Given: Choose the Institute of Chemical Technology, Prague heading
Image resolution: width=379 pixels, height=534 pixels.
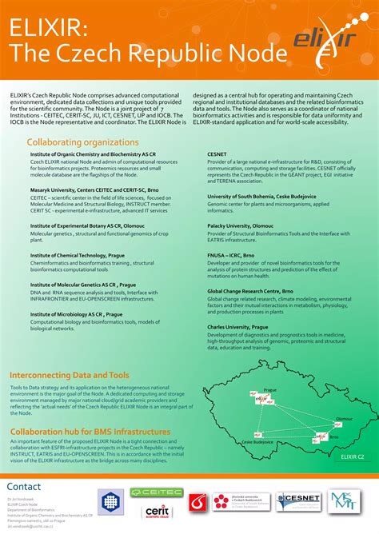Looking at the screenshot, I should pos(78,254).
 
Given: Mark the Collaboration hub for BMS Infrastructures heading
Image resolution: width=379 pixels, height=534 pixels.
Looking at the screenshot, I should pos(90,432).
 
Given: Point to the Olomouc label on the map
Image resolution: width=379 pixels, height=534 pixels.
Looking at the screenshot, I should pos(343,418).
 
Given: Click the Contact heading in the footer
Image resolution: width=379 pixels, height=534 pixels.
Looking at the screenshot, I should pos(24,487).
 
